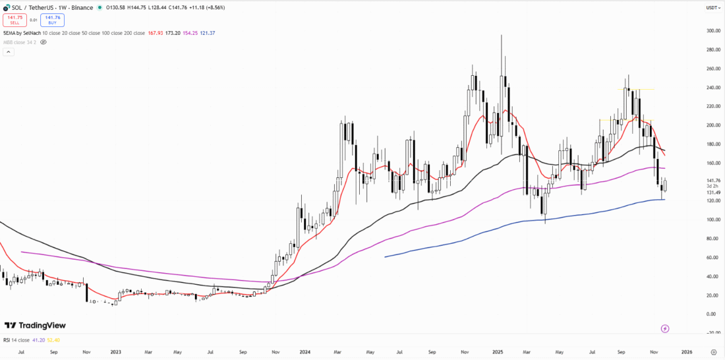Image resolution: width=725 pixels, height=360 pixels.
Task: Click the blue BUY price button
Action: [x=52, y=20]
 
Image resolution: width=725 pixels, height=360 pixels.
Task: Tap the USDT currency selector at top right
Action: [x=712, y=8]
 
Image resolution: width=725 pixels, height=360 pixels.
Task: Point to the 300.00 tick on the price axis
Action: [x=712, y=31]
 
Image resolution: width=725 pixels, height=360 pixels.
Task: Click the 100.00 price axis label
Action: [x=712, y=220]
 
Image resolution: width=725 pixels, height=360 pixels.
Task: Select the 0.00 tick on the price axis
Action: [x=711, y=314]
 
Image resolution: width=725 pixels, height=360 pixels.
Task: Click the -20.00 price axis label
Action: [x=712, y=333]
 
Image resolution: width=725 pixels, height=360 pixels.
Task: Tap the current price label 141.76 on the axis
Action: [x=712, y=181]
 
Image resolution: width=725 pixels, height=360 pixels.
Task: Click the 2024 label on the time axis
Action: [x=304, y=353]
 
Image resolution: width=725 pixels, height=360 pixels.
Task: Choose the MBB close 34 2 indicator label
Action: [x=20, y=42]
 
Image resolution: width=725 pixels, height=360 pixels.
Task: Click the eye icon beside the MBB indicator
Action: [x=43, y=42]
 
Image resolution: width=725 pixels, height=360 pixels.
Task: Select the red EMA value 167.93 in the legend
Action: [x=156, y=32]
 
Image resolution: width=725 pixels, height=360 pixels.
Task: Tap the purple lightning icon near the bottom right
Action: [x=665, y=328]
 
